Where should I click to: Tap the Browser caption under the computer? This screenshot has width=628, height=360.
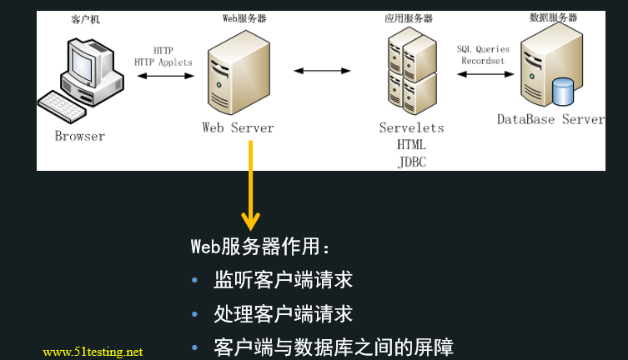pyautogui.click(x=80, y=136)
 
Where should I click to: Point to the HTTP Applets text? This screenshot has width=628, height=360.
pyautogui.click(x=163, y=62)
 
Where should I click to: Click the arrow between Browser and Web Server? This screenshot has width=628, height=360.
pyautogui.click(x=163, y=77)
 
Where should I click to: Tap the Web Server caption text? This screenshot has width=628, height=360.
pyautogui.click(x=238, y=127)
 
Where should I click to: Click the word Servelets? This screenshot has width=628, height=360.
pyautogui.click(x=411, y=127)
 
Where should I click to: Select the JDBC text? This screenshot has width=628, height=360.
pyautogui.click(x=412, y=162)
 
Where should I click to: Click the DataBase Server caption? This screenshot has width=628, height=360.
pyautogui.click(x=550, y=119)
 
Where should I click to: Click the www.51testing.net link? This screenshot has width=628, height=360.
pyautogui.click(x=93, y=352)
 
